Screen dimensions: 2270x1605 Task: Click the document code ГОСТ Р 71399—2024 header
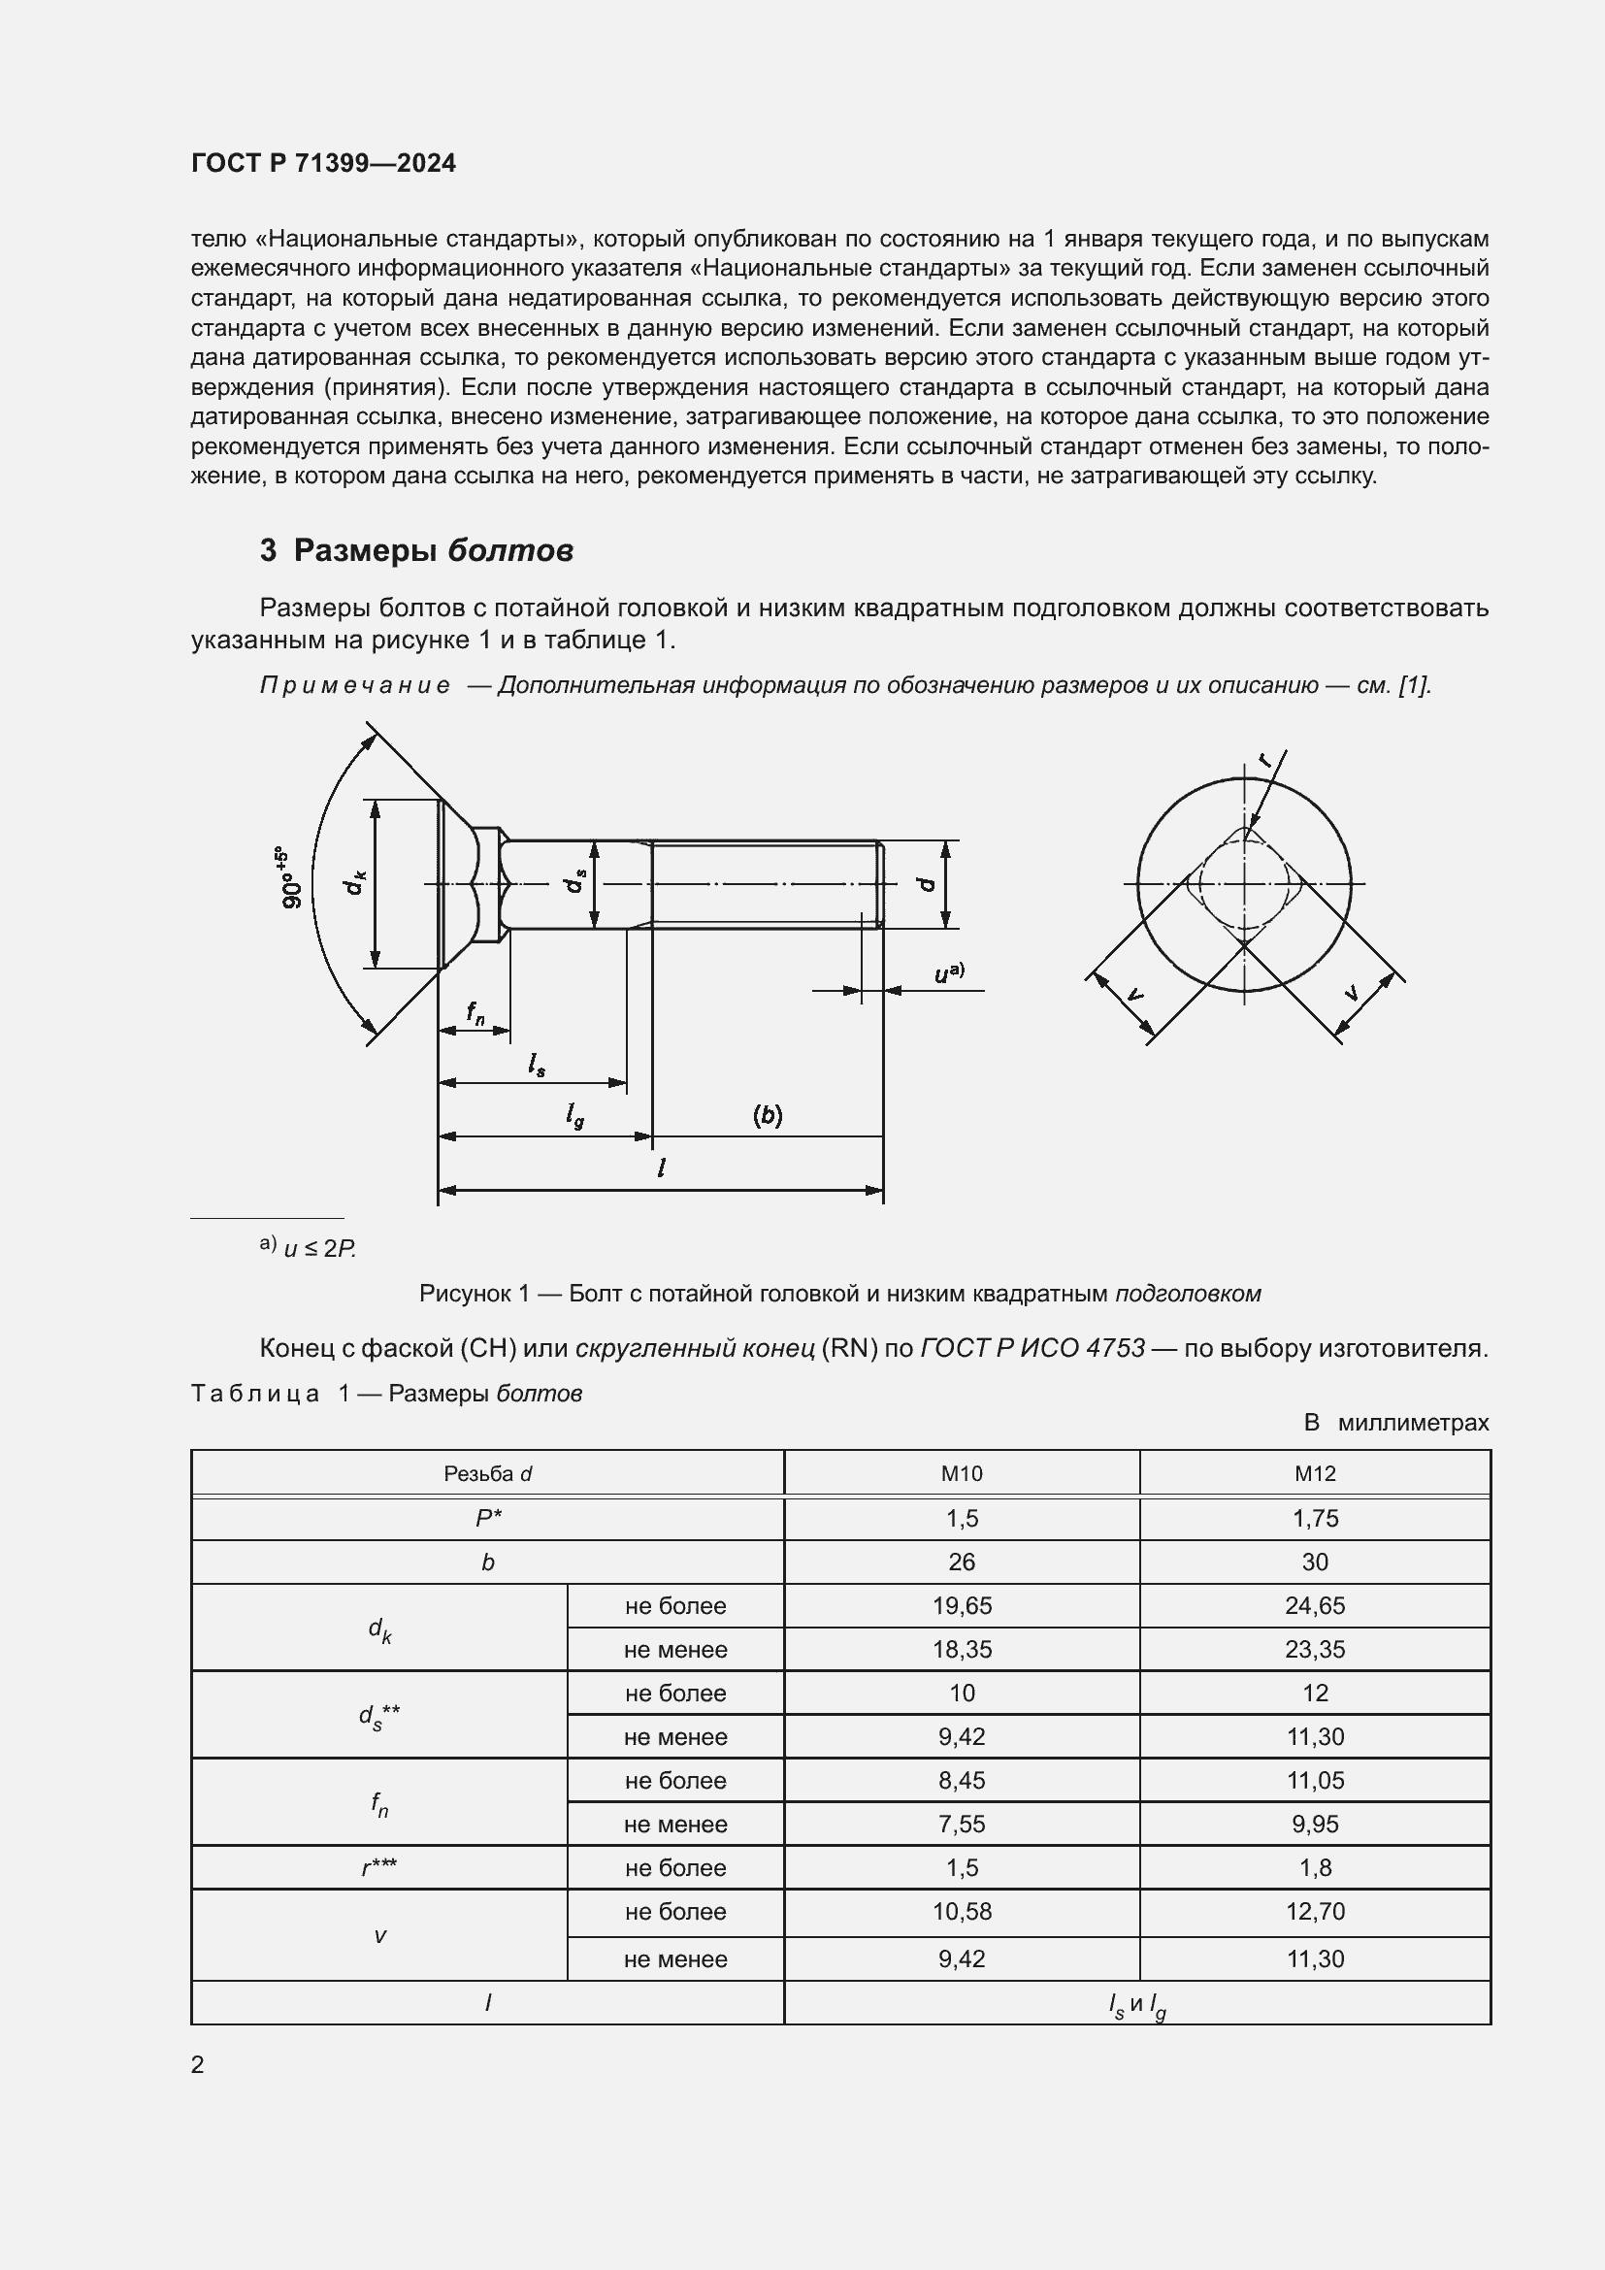tap(323, 163)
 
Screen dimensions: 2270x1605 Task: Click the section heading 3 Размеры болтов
tap(416, 549)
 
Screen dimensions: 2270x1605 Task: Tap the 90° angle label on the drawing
tap(293, 878)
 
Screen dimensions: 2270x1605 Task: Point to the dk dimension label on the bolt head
tap(355, 882)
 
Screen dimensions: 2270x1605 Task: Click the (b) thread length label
tap(767, 1115)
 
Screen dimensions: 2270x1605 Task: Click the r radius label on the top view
tap(1266, 759)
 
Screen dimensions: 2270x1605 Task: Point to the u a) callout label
tap(949, 972)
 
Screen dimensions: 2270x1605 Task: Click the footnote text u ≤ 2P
tap(318, 1249)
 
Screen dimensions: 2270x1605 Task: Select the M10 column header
tap(961, 1474)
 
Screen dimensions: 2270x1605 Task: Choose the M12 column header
tap(1315, 1474)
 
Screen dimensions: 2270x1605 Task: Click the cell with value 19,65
tap(961, 1605)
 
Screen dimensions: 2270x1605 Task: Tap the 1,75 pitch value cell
tap(1315, 1519)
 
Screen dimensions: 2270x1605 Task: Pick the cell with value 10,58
tap(961, 1911)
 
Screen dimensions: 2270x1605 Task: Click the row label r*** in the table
tap(379, 1867)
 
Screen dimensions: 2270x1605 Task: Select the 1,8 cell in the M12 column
tap(1315, 1867)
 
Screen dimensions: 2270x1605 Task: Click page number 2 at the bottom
tap(198, 2064)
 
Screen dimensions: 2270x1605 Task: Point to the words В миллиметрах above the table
tap(1395, 1423)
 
